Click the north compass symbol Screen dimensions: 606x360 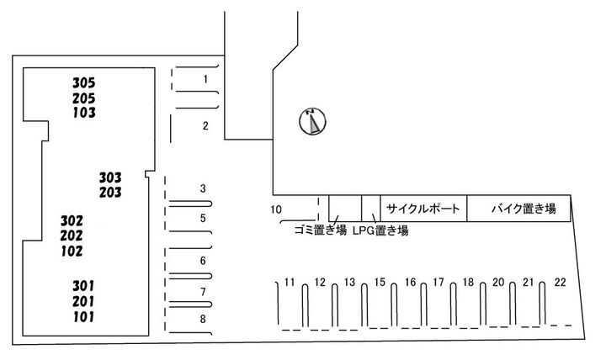(x=312, y=121)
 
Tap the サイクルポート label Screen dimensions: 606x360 (x=423, y=209)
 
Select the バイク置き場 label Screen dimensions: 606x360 (x=524, y=209)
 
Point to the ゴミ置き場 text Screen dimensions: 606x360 (x=321, y=230)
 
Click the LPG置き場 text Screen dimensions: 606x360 (x=380, y=230)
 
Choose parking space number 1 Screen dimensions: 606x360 (x=205, y=79)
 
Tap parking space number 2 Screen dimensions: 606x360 (x=205, y=125)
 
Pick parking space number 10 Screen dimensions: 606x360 (x=276, y=209)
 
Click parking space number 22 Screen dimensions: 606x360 (x=560, y=283)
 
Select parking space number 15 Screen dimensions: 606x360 (x=380, y=283)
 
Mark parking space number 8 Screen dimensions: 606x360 (x=203, y=319)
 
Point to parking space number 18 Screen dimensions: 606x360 (x=468, y=283)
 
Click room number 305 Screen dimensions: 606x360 (x=84, y=82)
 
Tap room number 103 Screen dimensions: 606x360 (x=84, y=113)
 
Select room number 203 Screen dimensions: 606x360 (x=110, y=193)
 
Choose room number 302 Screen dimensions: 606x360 (x=72, y=221)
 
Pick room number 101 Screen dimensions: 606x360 (x=83, y=317)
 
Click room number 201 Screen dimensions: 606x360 (x=83, y=301)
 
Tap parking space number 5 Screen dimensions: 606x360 (x=203, y=218)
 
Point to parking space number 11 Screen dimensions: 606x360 (x=290, y=283)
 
